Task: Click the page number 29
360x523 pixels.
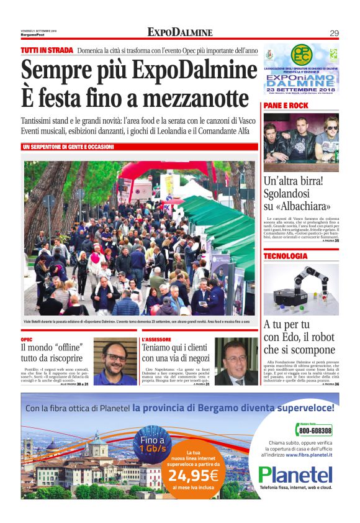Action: point(333,33)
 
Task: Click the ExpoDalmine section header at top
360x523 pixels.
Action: point(180,32)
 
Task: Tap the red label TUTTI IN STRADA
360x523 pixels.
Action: point(47,50)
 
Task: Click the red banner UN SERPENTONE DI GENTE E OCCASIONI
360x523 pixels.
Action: point(68,147)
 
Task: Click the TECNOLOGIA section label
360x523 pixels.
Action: point(286,256)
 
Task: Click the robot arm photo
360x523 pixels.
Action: point(301,288)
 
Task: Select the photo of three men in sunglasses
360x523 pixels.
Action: point(301,142)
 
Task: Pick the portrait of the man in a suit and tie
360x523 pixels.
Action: point(236,362)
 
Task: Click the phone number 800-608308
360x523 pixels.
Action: point(315,430)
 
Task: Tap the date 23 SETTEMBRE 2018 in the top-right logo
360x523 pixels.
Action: point(301,89)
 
